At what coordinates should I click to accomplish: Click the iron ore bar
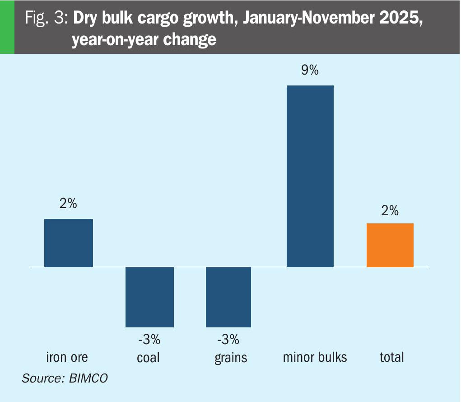(68, 243)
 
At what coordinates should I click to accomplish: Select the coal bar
(149, 297)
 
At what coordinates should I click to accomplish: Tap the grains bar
(228, 297)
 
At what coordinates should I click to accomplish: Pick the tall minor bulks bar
(310, 176)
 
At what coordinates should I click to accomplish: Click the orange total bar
(390, 245)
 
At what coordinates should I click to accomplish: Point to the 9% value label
(310, 71)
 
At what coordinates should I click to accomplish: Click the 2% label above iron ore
(68, 204)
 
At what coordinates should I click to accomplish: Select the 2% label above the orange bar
(390, 210)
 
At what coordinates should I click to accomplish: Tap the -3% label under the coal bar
(149, 339)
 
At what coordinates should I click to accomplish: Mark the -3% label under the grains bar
(228, 339)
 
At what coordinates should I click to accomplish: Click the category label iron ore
(67, 357)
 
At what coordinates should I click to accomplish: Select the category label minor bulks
(315, 357)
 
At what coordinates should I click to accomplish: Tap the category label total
(391, 357)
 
